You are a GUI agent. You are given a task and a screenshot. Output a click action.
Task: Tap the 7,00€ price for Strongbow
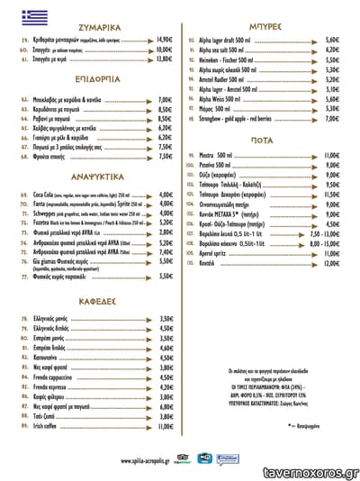tap(332, 118)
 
